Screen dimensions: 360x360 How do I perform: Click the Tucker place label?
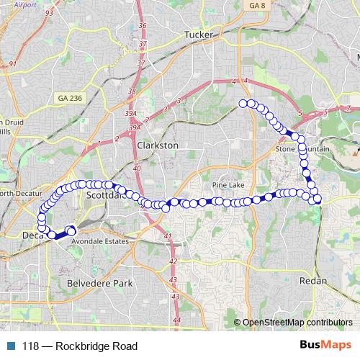tap(199, 34)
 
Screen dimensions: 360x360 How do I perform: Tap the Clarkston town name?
tap(157, 145)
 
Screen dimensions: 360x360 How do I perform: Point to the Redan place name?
tap(312, 280)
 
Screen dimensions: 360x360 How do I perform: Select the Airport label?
tap(24, 4)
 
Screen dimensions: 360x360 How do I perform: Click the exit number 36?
tap(142, 26)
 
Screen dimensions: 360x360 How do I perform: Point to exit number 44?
tap(177, 320)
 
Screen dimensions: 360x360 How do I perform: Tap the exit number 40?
tap(137, 168)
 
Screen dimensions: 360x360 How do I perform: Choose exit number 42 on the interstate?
tap(173, 261)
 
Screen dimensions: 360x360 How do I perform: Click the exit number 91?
tap(13, 64)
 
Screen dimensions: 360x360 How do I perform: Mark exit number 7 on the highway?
tap(348, 108)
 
